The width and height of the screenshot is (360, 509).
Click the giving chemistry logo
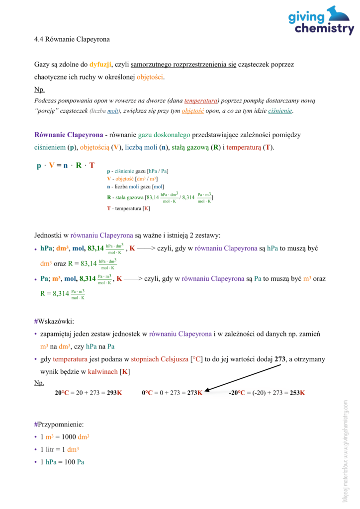(321, 20)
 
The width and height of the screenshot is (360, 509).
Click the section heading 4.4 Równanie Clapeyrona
(72, 39)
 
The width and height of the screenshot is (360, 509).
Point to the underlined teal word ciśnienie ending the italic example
(280, 110)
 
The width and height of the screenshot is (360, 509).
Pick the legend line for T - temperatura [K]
(128, 208)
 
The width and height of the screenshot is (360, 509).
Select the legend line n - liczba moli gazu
(135, 186)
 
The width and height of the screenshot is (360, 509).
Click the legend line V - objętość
(134, 178)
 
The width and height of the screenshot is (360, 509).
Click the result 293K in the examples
(113, 393)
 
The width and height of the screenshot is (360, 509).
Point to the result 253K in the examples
(297, 393)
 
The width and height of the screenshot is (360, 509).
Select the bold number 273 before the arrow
(280, 359)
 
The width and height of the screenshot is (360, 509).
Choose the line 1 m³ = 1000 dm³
(65, 437)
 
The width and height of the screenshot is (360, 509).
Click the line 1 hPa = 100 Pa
(62, 462)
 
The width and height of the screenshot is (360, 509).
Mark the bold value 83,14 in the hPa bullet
(95, 248)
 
